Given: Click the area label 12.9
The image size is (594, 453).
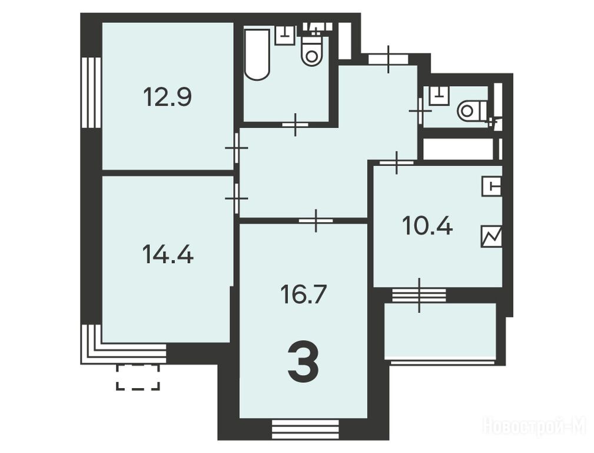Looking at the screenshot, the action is coord(167,97).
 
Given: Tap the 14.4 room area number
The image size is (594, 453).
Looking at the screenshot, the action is coord(168,254).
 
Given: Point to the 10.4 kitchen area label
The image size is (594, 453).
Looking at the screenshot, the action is coord(427,226).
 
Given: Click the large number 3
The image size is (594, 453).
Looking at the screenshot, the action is coord(303,362).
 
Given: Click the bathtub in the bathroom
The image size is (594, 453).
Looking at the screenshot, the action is coord(257,54).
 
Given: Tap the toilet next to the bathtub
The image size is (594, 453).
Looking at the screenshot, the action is coord(312,49).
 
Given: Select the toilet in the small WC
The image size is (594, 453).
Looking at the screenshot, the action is coord(473,111).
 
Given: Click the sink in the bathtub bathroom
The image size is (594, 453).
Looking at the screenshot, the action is coord(285,35).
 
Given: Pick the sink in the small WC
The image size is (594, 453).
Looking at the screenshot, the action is coord(439,96).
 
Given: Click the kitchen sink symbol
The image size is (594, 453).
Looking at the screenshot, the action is coord(492,186).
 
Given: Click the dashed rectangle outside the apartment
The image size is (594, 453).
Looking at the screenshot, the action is coord(138,377).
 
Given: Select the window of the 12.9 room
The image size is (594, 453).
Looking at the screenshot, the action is coord(91,93).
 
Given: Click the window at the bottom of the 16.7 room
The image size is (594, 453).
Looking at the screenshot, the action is coord(306,428).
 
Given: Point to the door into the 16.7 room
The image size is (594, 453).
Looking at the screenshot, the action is coord(316,220).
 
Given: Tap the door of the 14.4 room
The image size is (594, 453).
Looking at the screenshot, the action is coord(237,198).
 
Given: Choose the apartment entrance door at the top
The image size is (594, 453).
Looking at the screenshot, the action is coord(389,59).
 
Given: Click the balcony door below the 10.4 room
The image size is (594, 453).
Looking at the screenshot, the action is coord(419,295).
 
